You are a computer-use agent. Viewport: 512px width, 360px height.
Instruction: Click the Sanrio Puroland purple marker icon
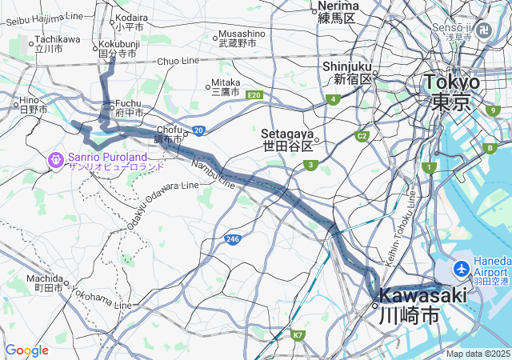pos(56,160)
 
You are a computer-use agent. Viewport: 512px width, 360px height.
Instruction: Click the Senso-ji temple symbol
pos(484,30)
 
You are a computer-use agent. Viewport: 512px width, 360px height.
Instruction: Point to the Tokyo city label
pos(452,91)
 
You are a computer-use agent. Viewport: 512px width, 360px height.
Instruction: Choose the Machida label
pos(48,282)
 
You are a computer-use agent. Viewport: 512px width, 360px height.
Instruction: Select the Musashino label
pos(241,38)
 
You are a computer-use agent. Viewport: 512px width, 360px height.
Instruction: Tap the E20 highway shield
pos(254,95)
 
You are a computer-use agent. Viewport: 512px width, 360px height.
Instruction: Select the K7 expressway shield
pos(298,335)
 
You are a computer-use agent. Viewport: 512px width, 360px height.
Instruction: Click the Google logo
pos(26,350)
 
